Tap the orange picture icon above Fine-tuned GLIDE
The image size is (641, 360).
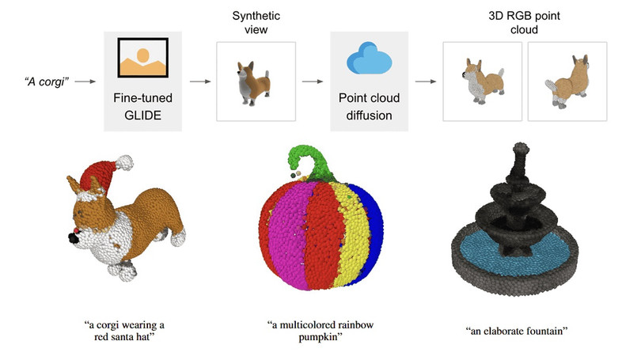pos(142,60)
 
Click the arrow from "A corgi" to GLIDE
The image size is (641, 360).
pos(88,81)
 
